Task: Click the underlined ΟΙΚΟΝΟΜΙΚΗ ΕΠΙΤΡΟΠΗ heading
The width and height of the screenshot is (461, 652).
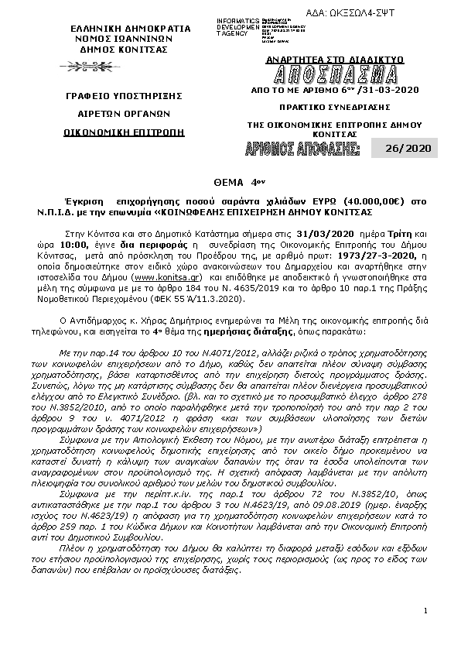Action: [x=125, y=132]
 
